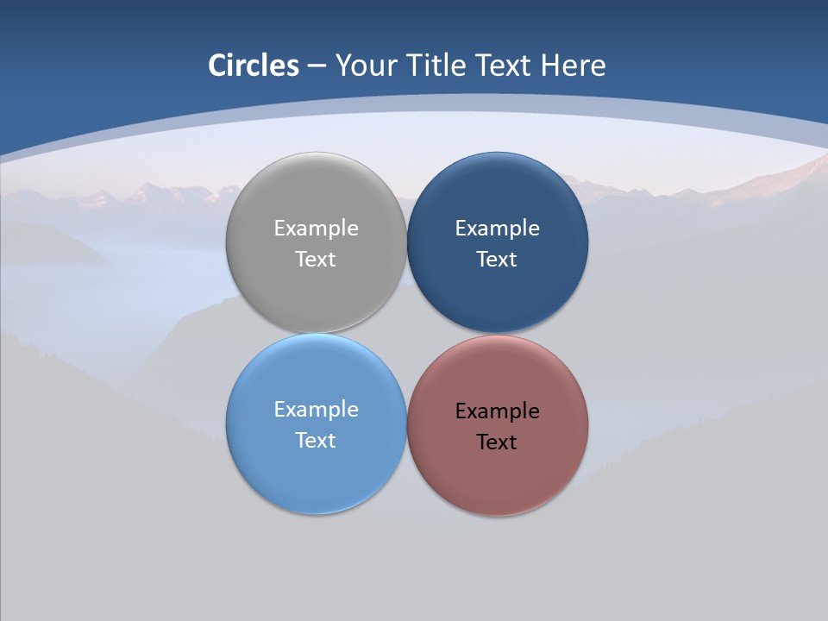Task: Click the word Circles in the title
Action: point(253,66)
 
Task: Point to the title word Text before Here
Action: point(505,66)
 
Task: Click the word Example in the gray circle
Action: point(316,228)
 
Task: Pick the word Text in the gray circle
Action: point(316,259)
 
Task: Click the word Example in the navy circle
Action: point(497,228)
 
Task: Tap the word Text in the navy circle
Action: point(497,259)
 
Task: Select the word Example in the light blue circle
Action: point(316,409)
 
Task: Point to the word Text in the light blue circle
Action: point(316,440)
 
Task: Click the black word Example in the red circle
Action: point(497,411)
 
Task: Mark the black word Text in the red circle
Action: point(497,442)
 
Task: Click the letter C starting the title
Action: point(216,66)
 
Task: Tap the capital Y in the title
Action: point(342,66)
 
